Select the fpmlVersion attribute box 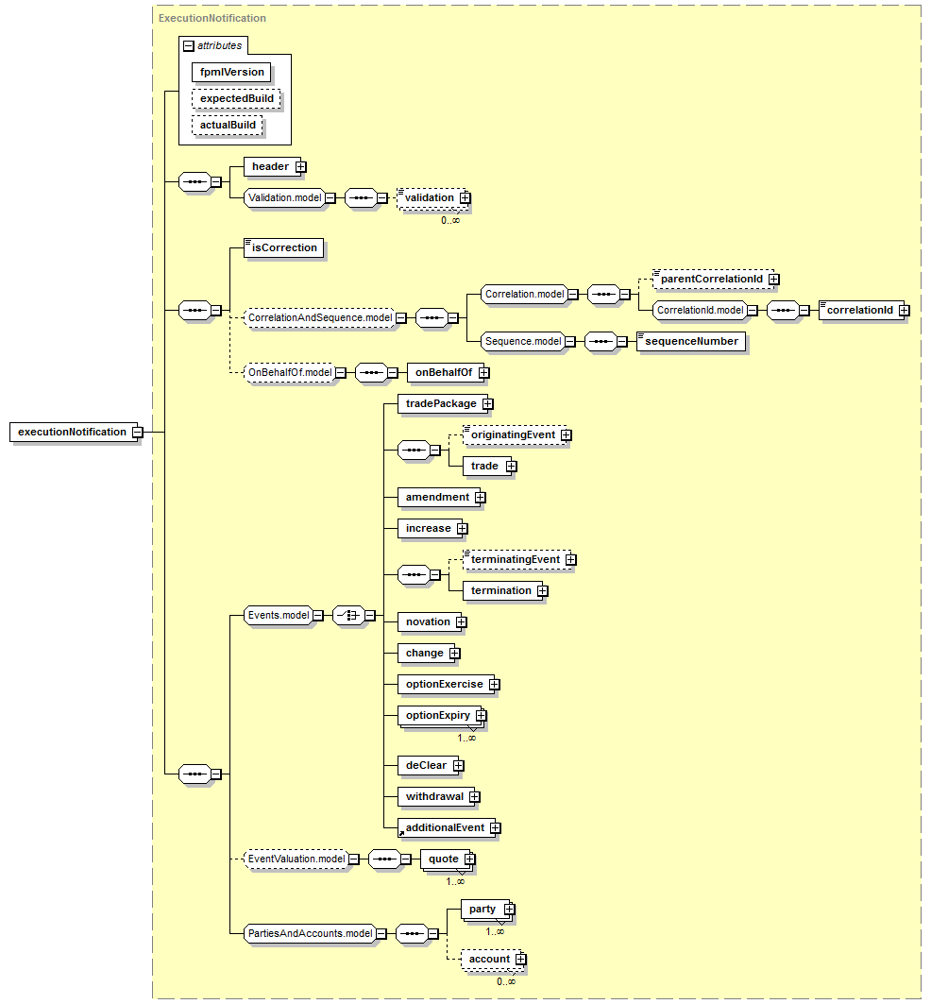pos(231,73)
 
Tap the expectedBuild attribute pos(236,98)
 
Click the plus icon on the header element pos(301,167)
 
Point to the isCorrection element pos(283,248)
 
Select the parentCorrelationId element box pos(712,280)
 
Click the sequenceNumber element pos(691,342)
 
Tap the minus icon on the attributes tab pos(188,46)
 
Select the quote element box pos(446,859)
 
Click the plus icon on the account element pos(521,960)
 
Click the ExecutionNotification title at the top pos(212,19)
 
